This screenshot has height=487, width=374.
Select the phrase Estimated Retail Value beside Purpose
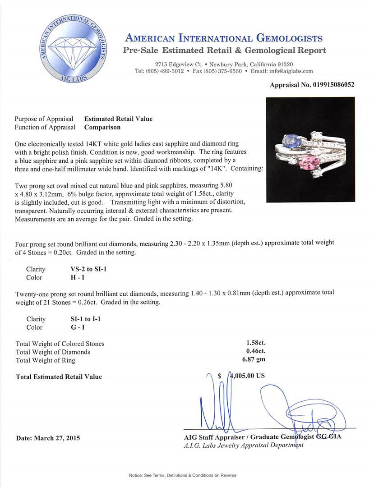click(x=118, y=119)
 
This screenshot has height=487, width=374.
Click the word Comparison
click(x=103, y=127)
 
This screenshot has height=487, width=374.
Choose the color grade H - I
click(x=74, y=277)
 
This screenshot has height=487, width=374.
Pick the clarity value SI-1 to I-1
click(x=83, y=319)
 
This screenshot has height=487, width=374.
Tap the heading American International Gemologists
click(x=223, y=38)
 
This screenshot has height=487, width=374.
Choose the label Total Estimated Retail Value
click(x=59, y=377)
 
